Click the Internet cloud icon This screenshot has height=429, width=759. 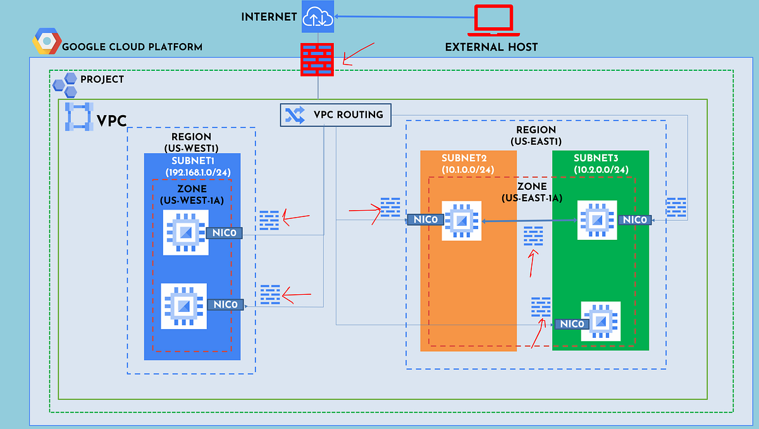point(318,16)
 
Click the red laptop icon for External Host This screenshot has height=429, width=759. point(493,19)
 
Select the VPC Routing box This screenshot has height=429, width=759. point(335,115)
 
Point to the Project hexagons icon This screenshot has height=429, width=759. point(65,84)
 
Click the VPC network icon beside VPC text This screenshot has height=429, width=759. point(79,116)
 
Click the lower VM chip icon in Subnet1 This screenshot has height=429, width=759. point(183,306)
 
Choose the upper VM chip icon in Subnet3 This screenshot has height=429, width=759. point(597,220)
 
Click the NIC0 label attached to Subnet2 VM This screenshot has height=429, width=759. point(423,220)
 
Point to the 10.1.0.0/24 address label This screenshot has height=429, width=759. point(468,169)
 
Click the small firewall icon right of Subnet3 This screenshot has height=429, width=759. point(676,208)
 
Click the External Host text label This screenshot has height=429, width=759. point(491,47)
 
